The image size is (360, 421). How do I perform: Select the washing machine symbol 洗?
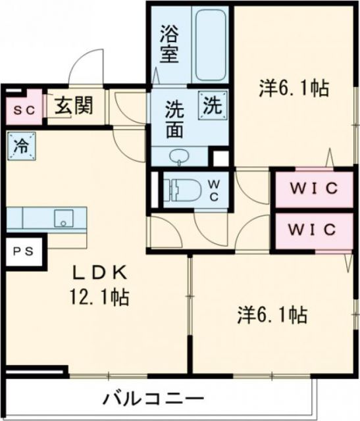tap(212, 103)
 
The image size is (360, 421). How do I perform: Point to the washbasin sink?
tap(178, 157)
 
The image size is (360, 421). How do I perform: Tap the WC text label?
tap(215, 191)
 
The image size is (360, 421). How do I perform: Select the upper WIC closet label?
tap(315, 189)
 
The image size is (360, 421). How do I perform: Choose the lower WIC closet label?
tap(315, 230)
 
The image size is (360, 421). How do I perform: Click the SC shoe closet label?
tap(24, 111)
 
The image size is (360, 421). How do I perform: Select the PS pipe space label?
tap(24, 251)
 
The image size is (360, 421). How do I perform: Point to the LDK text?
tap(98, 271)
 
